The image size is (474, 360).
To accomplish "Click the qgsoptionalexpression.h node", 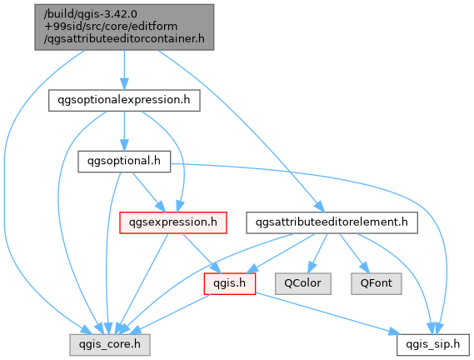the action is coord(124,100).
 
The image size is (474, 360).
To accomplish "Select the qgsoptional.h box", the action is coord(124,162).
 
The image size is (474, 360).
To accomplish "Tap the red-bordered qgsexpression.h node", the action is coord(173,222).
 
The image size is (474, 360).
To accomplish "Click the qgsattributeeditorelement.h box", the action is coord(332,222).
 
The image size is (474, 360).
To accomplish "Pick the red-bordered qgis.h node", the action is coord(230,284).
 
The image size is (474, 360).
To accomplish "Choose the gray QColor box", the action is coord(303,284).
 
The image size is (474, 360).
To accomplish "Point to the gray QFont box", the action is coord(377,284).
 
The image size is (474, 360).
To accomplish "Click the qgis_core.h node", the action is coord(110,345).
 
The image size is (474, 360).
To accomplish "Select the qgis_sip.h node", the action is coord(433,345).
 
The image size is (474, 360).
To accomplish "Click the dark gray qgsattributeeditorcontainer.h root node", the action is coord(124,27).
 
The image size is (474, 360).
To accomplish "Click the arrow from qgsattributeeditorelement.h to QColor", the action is coord(317,253).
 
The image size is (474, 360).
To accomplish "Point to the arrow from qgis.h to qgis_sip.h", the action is coord(328,313).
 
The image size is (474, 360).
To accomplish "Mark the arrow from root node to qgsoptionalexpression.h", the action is coord(124,70).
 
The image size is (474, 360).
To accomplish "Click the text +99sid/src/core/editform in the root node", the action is coord(111,27).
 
